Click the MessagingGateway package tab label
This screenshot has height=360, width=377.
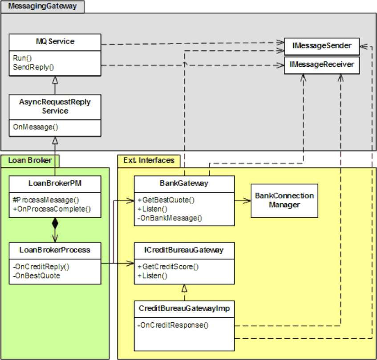point(42,6)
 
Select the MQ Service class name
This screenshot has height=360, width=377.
point(55,41)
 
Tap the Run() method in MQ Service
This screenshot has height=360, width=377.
point(22,58)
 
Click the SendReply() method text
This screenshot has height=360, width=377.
point(33,67)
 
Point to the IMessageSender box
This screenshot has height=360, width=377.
point(322,46)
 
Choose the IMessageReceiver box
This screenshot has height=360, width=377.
point(322,65)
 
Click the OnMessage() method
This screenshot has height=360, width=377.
point(36,127)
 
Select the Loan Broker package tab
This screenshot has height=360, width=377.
point(30,161)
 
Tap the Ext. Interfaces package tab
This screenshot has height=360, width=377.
point(149,161)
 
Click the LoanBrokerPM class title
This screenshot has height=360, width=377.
point(55,183)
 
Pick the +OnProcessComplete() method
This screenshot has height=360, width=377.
point(52,209)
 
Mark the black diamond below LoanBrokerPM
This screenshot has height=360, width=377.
point(55,223)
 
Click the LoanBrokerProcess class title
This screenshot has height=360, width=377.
point(55,250)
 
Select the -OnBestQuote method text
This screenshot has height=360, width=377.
point(36,275)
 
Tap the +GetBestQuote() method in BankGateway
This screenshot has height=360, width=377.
point(166,200)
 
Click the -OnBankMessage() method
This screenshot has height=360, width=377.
point(170,218)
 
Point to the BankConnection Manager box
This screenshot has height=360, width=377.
point(284,201)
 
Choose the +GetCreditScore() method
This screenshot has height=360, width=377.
point(168,267)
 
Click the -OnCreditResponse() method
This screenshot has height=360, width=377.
point(173,325)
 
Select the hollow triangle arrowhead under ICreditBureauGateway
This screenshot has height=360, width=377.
point(184,288)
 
